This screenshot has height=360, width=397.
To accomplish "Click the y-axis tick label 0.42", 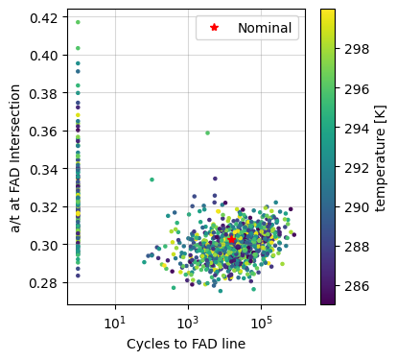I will coord(46,18).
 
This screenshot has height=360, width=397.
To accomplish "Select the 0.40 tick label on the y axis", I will coord(46,56).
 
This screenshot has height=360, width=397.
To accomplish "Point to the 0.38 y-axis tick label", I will coord(46,94).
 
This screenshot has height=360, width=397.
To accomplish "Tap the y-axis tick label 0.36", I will coord(46,132).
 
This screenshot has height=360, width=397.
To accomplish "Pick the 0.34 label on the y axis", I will coord(46,170).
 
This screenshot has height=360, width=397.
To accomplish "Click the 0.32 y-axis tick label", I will coord(46,207).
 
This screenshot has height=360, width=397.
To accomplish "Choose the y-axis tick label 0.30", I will coord(46,246).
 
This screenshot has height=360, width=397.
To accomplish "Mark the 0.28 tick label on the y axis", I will coord(46,283).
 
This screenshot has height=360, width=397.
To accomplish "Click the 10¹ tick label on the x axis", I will coord(115,320).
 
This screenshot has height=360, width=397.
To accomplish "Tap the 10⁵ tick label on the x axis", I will coord(261,320).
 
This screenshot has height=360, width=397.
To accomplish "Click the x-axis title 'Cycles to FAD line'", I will coord(186,344).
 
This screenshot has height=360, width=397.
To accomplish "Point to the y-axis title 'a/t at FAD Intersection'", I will coord(13,157).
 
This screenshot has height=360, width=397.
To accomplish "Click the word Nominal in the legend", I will coord(265,28).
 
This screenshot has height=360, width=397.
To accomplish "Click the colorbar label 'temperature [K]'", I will coord(381,157).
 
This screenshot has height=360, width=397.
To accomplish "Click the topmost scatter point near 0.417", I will coord(78,22).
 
